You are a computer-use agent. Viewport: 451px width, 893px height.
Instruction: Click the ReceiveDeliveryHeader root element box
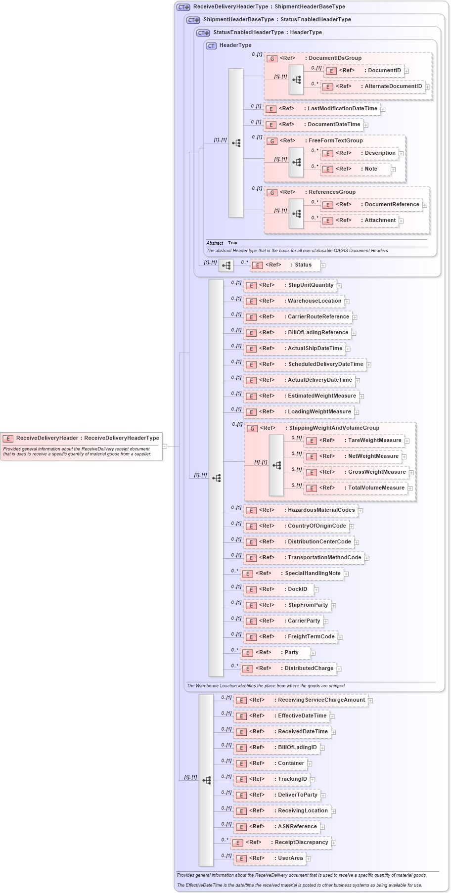point(82,438)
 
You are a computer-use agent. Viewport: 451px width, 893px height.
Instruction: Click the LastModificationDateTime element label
point(342,109)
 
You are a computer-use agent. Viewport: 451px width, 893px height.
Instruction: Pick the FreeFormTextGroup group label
point(335,141)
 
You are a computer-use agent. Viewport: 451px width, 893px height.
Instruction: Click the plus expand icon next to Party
point(313,653)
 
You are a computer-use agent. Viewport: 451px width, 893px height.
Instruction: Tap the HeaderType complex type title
point(235,45)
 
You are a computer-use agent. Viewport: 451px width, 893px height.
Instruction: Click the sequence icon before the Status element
point(226,266)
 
